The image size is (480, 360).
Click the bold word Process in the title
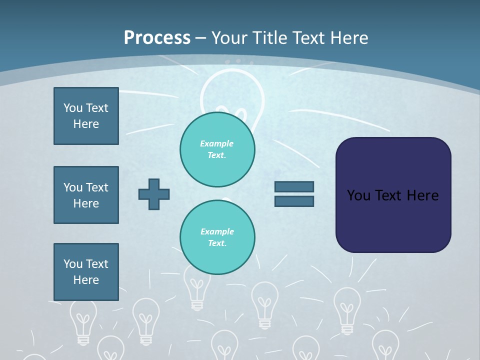[x=157, y=37]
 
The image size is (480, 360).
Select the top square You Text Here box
[x=86, y=116]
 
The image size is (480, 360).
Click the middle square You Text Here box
[x=86, y=195]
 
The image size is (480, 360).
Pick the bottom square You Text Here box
[x=86, y=272]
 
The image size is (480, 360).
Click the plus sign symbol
[x=154, y=194]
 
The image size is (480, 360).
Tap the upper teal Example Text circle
[x=217, y=149]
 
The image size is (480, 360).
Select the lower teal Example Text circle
[x=217, y=237]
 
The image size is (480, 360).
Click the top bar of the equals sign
[x=294, y=186]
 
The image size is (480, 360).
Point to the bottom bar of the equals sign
[x=294, y=201]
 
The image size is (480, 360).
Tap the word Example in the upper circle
[x=217, y=143]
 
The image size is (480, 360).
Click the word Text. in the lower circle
[x=217, y=243]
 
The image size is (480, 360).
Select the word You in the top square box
[x=73, y=108]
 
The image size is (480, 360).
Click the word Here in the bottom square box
[x=86, y=280]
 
